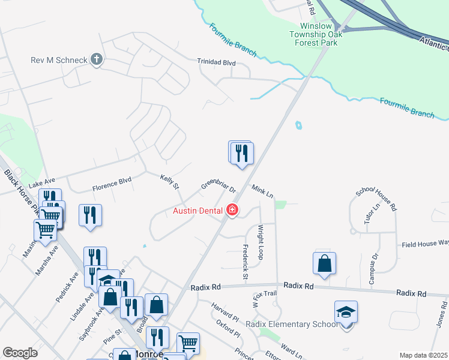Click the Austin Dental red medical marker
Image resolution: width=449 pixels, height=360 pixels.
232,210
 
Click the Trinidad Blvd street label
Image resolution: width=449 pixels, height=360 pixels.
217,62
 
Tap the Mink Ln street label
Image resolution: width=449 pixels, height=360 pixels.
262,192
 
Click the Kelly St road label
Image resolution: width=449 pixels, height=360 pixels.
169,182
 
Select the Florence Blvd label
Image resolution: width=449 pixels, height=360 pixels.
112,184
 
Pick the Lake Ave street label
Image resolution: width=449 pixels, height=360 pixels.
41,182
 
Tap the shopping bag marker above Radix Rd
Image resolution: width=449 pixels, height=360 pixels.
324,264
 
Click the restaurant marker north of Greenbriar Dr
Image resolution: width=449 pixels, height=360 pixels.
241,153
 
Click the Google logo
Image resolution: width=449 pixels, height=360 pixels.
20,353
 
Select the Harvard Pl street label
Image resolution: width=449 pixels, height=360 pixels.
226,310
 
